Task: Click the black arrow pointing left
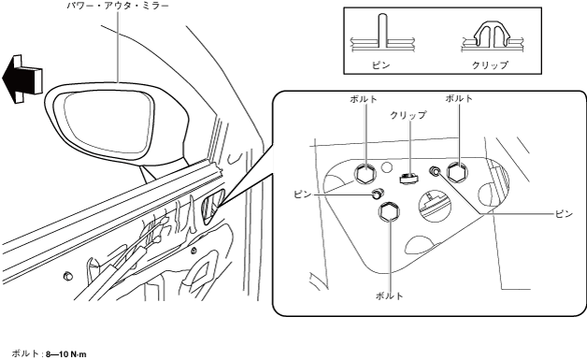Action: point(21,79)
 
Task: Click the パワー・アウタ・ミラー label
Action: point(118,6)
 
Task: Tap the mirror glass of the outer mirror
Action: point(108,122)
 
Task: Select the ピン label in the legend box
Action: point(380,65)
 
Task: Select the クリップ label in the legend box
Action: point(490,65)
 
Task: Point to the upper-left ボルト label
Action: point(364,99)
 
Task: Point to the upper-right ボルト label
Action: point(459,98)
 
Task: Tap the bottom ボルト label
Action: point(390,295)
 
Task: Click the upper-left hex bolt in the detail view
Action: point(365,173)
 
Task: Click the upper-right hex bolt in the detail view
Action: point(457,173)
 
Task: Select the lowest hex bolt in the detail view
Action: point(390,211)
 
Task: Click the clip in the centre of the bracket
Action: point(408,178)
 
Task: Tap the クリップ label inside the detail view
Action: point(408,115)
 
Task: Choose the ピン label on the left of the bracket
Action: point(303,194)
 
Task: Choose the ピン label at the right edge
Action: point(564,213)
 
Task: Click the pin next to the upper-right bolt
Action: point(435,171)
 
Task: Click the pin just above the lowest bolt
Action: point(378,194)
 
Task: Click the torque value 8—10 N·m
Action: point(65,354)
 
